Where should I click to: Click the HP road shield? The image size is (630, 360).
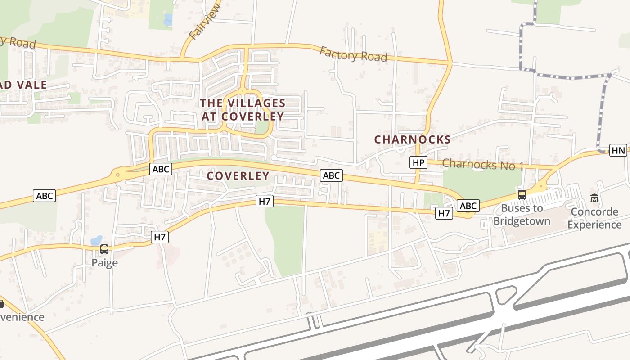418,162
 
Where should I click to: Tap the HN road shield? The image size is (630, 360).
618,150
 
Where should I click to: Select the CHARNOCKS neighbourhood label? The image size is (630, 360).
412,139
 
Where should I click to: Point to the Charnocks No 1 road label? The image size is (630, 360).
483,164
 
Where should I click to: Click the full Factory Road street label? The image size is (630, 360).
353,54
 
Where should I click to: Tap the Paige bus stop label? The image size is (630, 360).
104,262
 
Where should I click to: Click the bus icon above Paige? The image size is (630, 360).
104,249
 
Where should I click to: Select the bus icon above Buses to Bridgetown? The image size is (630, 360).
522,195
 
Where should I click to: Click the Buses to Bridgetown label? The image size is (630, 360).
522,215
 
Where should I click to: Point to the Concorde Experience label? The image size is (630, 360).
594,218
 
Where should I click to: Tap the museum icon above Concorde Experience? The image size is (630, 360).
594,198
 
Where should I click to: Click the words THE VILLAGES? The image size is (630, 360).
243,103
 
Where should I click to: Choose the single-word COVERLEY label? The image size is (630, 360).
238,176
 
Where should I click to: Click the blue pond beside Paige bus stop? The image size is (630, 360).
96,240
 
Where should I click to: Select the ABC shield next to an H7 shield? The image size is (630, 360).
468,206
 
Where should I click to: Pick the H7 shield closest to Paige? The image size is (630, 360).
160,237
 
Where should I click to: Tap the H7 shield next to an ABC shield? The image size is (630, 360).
444,213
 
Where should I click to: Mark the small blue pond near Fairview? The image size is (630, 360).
168,19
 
